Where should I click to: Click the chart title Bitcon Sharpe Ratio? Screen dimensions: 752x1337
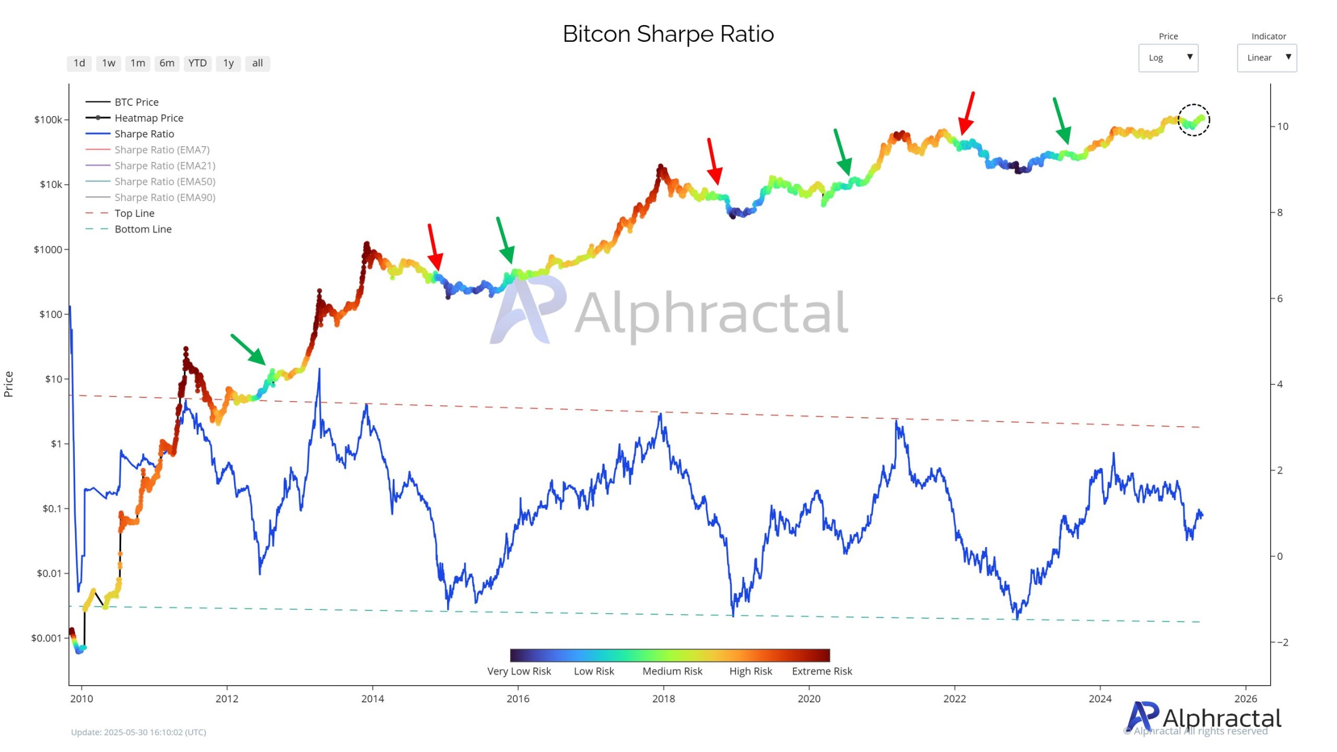pyautogui.click(x=668, y=34)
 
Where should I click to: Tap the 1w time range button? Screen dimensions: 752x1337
pyautogui.click(x=108, y=63)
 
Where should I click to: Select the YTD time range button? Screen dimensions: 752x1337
pyautogui.click(x=197, y=63)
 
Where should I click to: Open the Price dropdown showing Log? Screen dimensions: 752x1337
pyautogui.click(x=1168, y=57)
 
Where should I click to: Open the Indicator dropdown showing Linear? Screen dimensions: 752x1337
pyautogui.click(x=1266, y=57)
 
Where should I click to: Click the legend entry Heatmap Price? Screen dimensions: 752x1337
pyautogui.click(x=149, y=118)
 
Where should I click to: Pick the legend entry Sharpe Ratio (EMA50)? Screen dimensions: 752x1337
pyautogui.click(x=165, y=182)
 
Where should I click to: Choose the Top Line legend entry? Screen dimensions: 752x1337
pyautogui.click(x=134, y=213)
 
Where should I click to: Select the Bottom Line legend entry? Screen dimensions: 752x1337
pyautogui.click(x=143, y=229)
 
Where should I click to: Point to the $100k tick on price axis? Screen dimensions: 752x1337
pyautogui.click(x=48, y=120)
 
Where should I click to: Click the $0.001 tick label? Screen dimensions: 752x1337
pyautogui.click(x=46, y=638)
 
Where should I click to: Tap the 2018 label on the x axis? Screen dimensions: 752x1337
pyautogui.click(x=663, y=699)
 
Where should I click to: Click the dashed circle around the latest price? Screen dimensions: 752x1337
pyautogui.click(x=1193, y=120)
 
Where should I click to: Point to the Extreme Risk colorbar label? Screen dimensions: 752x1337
pyautogui.click(x=822, y=671)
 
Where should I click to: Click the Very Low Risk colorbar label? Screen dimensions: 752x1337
pyautogui.click(x=519, y=671)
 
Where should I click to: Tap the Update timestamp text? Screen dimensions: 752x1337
pyautogui.click(x=138, y=732)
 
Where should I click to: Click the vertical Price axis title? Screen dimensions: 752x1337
pyautogui.click(x=8, y=384)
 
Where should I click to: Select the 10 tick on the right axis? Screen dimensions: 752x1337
pyautogui.click(x=1282, y=126)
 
